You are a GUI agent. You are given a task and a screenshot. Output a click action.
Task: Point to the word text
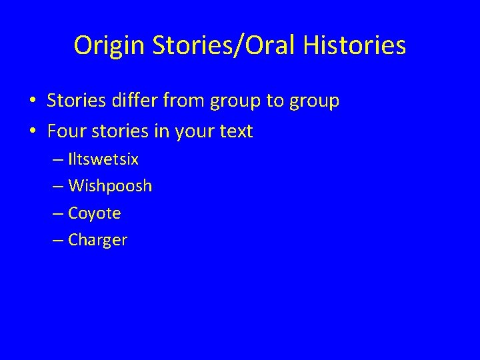(235, 132)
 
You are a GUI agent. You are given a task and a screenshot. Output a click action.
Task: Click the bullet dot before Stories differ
(32, 102)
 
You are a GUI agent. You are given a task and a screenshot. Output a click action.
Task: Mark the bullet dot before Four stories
(32, 132)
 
